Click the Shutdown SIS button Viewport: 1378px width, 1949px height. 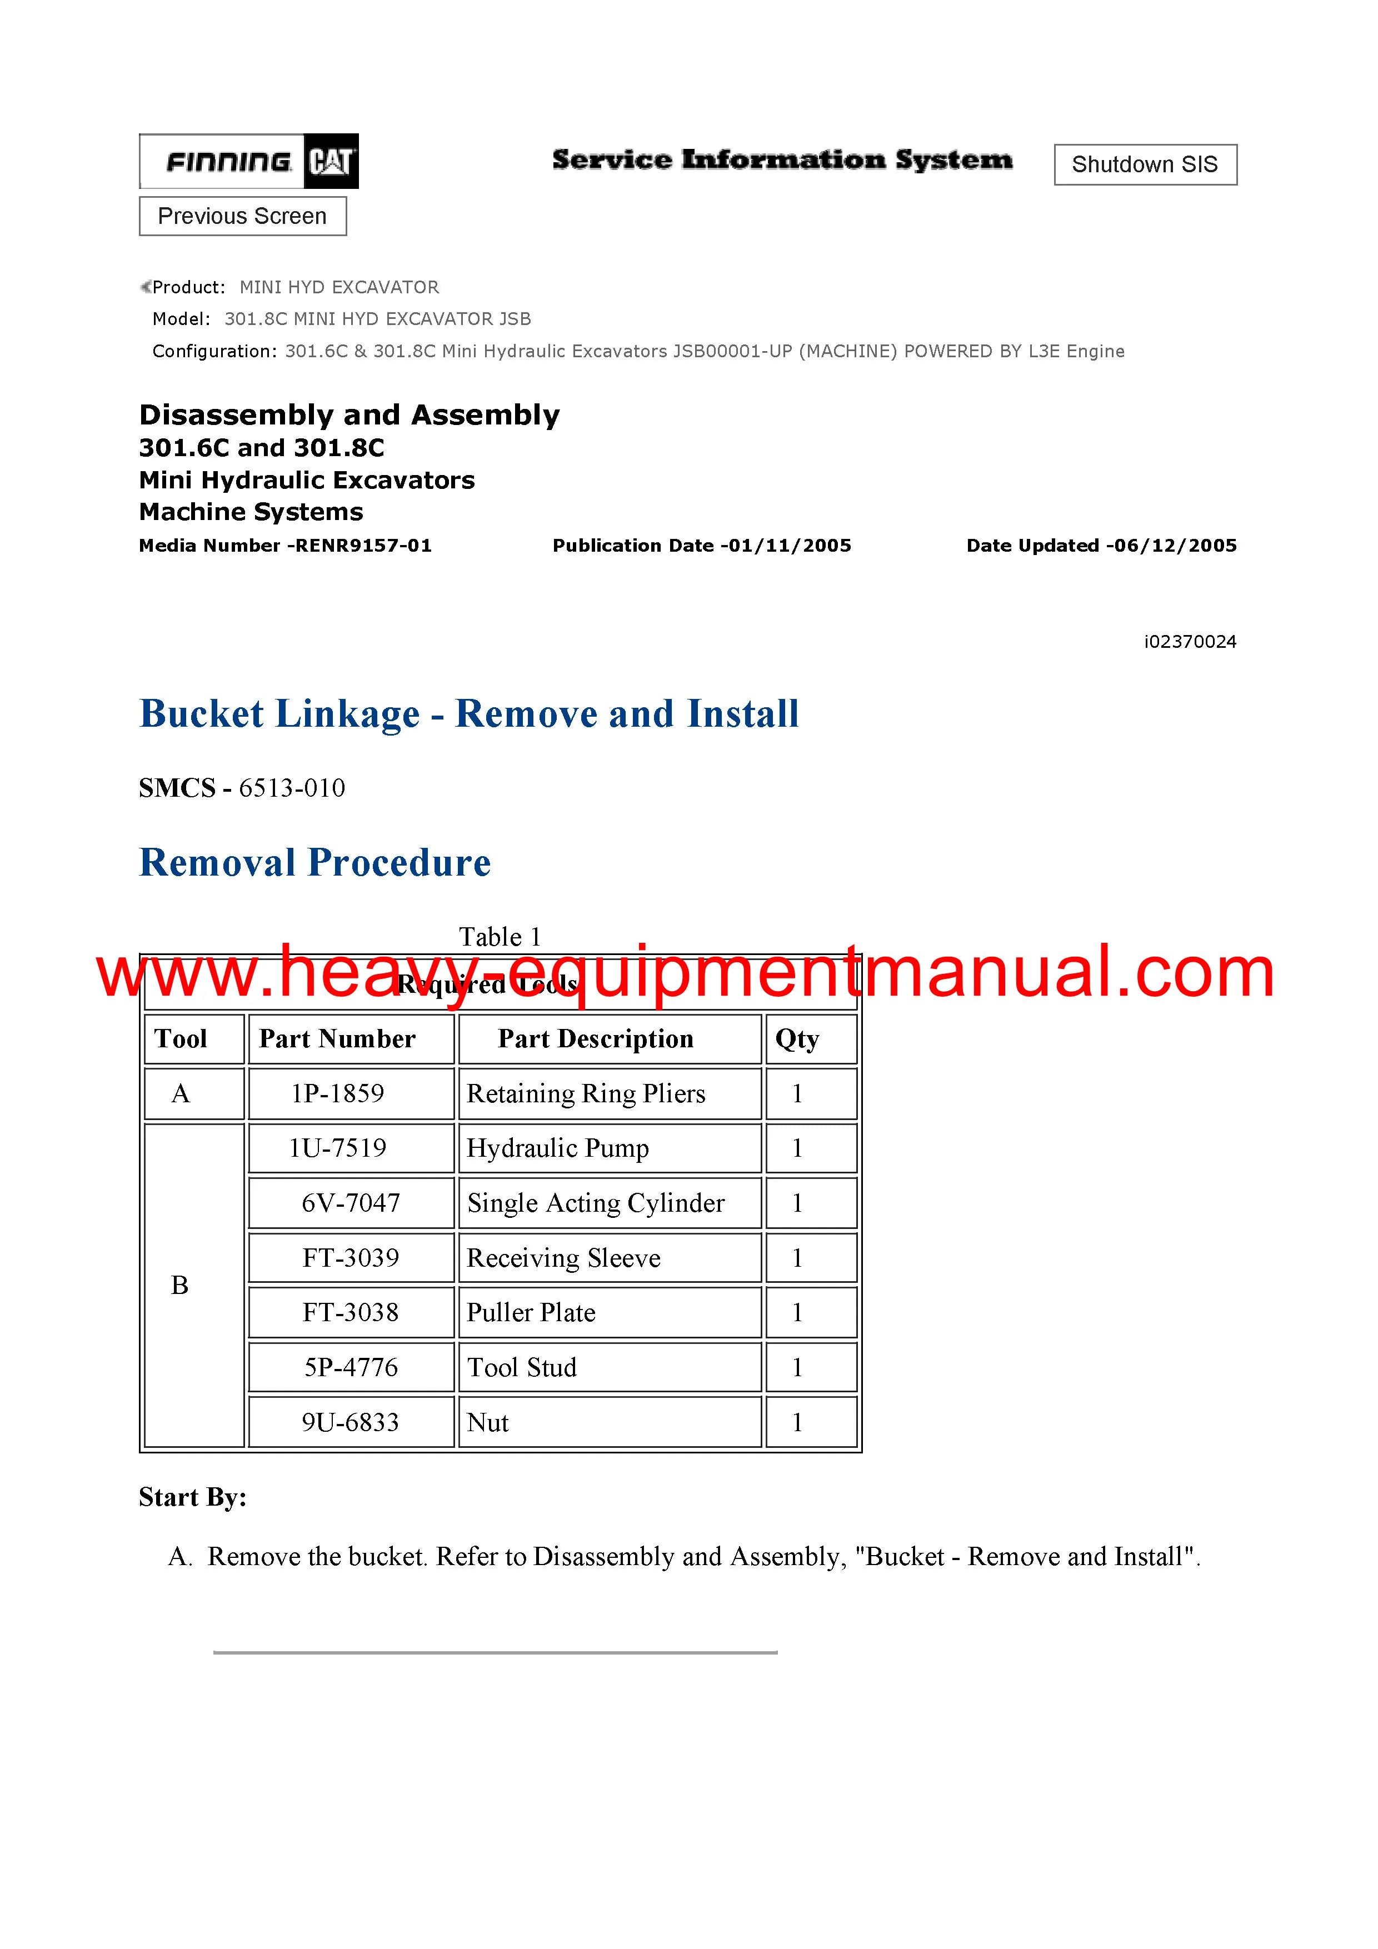click(1145, 164)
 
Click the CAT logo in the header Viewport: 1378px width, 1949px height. click(331, 161)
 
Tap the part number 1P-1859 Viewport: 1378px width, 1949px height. click(337, 1093)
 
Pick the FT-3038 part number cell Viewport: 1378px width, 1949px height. click(351, 1312)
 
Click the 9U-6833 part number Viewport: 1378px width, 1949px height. click(351, 1423)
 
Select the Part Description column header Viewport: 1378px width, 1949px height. click(595, 1039)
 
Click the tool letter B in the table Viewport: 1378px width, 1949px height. click(180, 1285)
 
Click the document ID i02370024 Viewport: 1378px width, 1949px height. click(1190, 642)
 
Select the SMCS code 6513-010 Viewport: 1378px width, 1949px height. click(291, 788)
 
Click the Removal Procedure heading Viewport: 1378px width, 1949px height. click(315, 862)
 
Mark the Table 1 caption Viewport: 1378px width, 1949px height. click(500, 937)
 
